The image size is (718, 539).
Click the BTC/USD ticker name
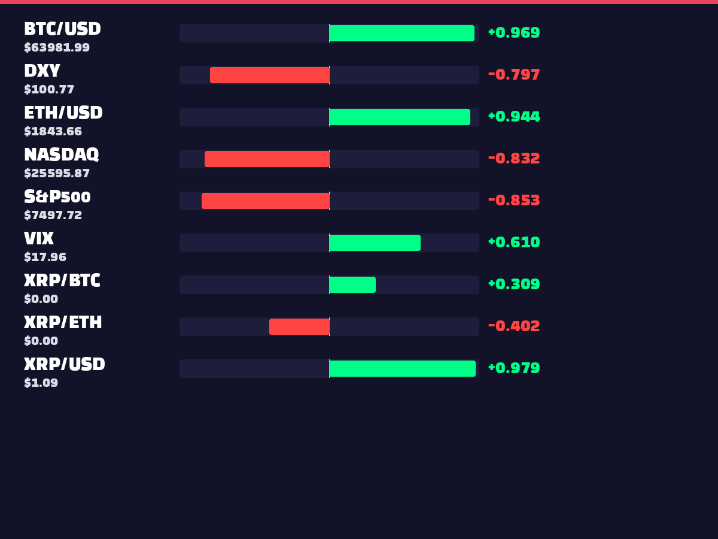[x=62, y=29]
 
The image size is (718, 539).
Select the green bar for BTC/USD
[x=402, y=33]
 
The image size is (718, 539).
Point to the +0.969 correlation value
[x=514, y=32]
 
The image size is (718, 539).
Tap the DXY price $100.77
[x=49, y=89]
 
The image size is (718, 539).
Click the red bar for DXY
[x=270, y=75]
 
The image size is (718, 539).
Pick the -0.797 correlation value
[x=514, y=74]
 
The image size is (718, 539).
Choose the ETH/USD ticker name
[x=63, y=113]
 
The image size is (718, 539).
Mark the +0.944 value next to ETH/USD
[x=514, y=116]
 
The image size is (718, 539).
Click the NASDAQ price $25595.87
[x=57, y=173]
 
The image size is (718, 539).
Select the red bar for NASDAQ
[x=267, y=159]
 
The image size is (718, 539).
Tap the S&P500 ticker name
[x=57, y=196]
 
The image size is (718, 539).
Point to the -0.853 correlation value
[x=514, y=200]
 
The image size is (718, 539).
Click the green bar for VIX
[x=375, y=243]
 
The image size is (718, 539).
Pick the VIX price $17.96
[x=45, y=257]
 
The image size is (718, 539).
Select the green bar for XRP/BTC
[x=352, y=284]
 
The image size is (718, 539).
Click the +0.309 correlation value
[x=514, y=284]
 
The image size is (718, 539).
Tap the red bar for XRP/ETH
[x=299, y=326]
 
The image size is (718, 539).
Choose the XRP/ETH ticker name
[x=63, y=322]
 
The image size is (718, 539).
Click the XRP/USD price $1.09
[x=41, y=383]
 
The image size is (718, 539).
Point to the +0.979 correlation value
[x=514, y=368]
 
